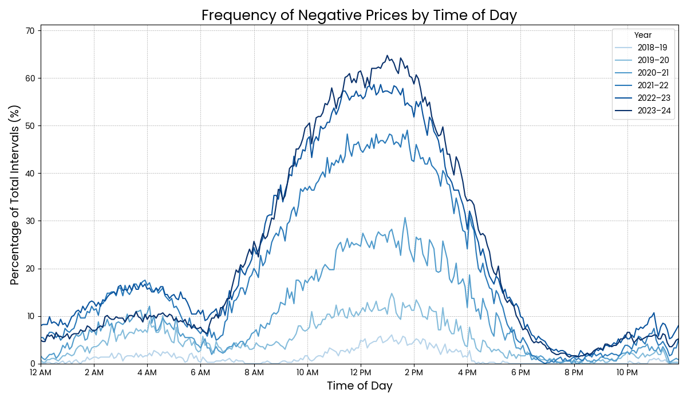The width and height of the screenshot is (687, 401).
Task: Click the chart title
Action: pyautogui.click(x=359, y=15)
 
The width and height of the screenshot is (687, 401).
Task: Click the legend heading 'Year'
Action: pyautogui.click(x=643, y=35)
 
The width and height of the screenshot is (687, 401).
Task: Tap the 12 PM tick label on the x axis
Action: pyautogui.click(x=361, y=372)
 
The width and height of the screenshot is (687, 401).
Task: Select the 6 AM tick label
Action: pyautogui.click(x=200, y=372)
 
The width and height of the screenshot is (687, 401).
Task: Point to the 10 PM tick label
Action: pyautogui.click(x=627, y=372)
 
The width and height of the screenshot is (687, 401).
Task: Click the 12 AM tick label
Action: pyautogui.click(x=41, y=372)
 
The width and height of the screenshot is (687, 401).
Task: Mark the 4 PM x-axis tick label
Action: pyautogui.click(x=467, y=372)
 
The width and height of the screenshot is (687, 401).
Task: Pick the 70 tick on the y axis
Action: pyautogui.click(x=30, y=30)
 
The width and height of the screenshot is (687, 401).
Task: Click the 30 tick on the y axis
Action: pyautogui.click(x=30, y=221)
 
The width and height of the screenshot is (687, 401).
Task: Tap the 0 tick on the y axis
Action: pyautogui.click(x=32, y=364)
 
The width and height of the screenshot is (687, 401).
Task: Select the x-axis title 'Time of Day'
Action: pyautogui.click(x=360, y=386)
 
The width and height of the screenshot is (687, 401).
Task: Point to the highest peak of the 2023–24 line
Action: pyautogui.click(x=387, y=56)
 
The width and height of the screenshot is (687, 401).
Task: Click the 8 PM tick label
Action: pyautogui.click(x=574, y=372)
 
